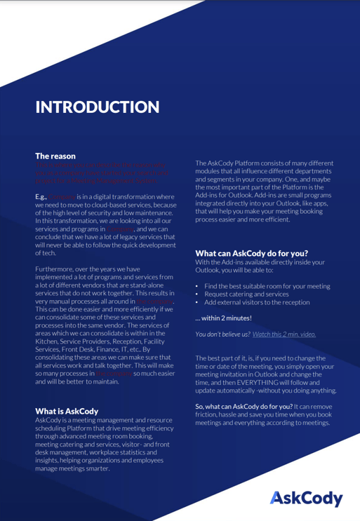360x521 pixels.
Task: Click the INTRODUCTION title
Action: [x=98, y=107]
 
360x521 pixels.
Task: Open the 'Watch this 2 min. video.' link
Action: [x=284, y=334]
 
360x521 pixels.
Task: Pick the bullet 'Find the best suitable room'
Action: [x=267, y=286]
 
